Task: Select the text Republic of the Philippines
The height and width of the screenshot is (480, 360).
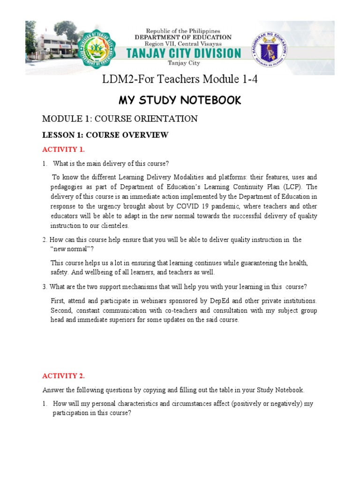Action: (183, 30)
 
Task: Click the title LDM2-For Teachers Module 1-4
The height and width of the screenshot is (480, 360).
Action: (180, 80)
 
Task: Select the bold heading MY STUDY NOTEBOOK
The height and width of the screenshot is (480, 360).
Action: (180, 100)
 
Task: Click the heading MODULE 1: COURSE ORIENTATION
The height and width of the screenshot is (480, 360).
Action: (120, 119)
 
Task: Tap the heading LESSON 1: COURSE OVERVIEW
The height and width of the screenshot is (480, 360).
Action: (105, 135)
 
